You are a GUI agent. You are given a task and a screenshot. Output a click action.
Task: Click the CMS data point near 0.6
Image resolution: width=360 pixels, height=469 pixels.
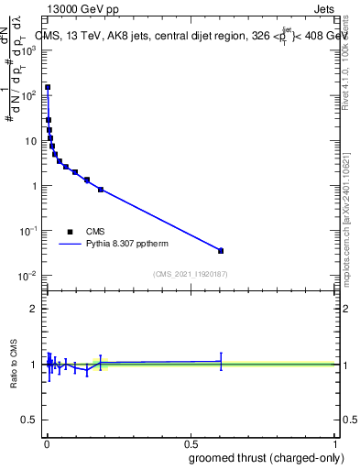[x=221, y=250]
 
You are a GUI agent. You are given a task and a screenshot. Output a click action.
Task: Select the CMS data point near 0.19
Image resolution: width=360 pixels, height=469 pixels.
[x=101, y=190]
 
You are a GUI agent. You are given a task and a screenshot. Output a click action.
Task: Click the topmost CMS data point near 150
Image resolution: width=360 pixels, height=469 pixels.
[x=48, y=88]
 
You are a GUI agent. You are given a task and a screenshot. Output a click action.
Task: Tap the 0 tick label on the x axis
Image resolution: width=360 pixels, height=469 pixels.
[x=47, y=443]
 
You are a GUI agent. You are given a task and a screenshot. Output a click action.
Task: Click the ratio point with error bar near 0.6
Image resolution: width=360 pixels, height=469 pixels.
[x=221, y=361]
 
